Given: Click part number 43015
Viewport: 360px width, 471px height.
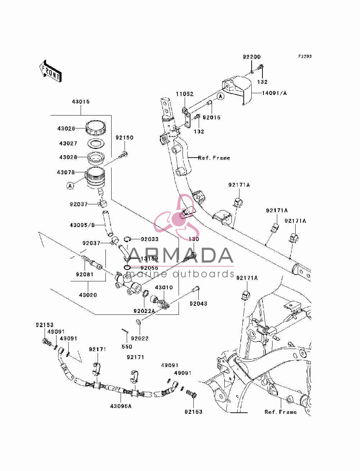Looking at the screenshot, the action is [x=81, y=101].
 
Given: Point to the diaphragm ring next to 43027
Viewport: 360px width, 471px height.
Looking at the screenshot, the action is [x=96, y=143].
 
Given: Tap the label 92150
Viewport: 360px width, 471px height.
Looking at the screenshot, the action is [x=125, y=137].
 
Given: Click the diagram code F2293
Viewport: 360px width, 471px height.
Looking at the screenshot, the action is [x=305, y=56].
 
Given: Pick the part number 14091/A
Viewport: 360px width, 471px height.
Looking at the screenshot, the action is [x=274, y=93].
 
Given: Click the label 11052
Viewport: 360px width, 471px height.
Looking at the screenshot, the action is [x=185, y=94].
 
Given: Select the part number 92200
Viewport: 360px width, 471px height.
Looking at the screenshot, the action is [x=252, y=56].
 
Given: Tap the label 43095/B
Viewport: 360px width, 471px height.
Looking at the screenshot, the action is [x=82, y=225].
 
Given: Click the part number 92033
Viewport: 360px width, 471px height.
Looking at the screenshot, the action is [x=150, y=239].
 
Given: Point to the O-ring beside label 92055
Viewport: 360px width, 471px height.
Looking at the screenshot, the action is [x=127, y=267].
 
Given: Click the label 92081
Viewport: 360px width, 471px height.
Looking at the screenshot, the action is [x=85, y=274].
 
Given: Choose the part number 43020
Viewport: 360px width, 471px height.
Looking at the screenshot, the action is [x=88, y=295].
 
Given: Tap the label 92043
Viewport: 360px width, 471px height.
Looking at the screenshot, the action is [x=198, y=303].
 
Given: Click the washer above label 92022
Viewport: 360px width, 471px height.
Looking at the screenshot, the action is [x=138, y=321].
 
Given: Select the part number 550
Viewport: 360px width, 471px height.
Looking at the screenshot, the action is [x=127, y=347].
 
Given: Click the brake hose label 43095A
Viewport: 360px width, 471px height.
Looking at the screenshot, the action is [x=121, y=406].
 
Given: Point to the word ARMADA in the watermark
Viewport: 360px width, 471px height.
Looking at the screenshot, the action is [x=181, y=255].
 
